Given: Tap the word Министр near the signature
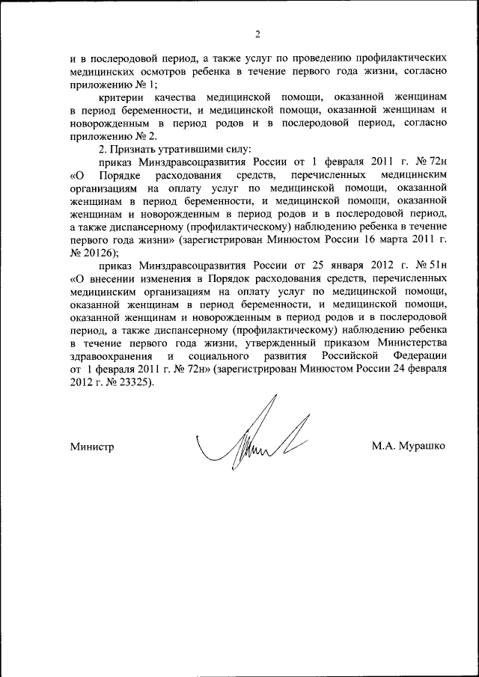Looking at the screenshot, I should pyautogui.click(x=91, y=447).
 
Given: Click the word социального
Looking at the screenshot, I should pyautogui.click(x=228, y=355).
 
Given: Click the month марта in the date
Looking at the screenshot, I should pyautogui.click(x=385, y=241).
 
